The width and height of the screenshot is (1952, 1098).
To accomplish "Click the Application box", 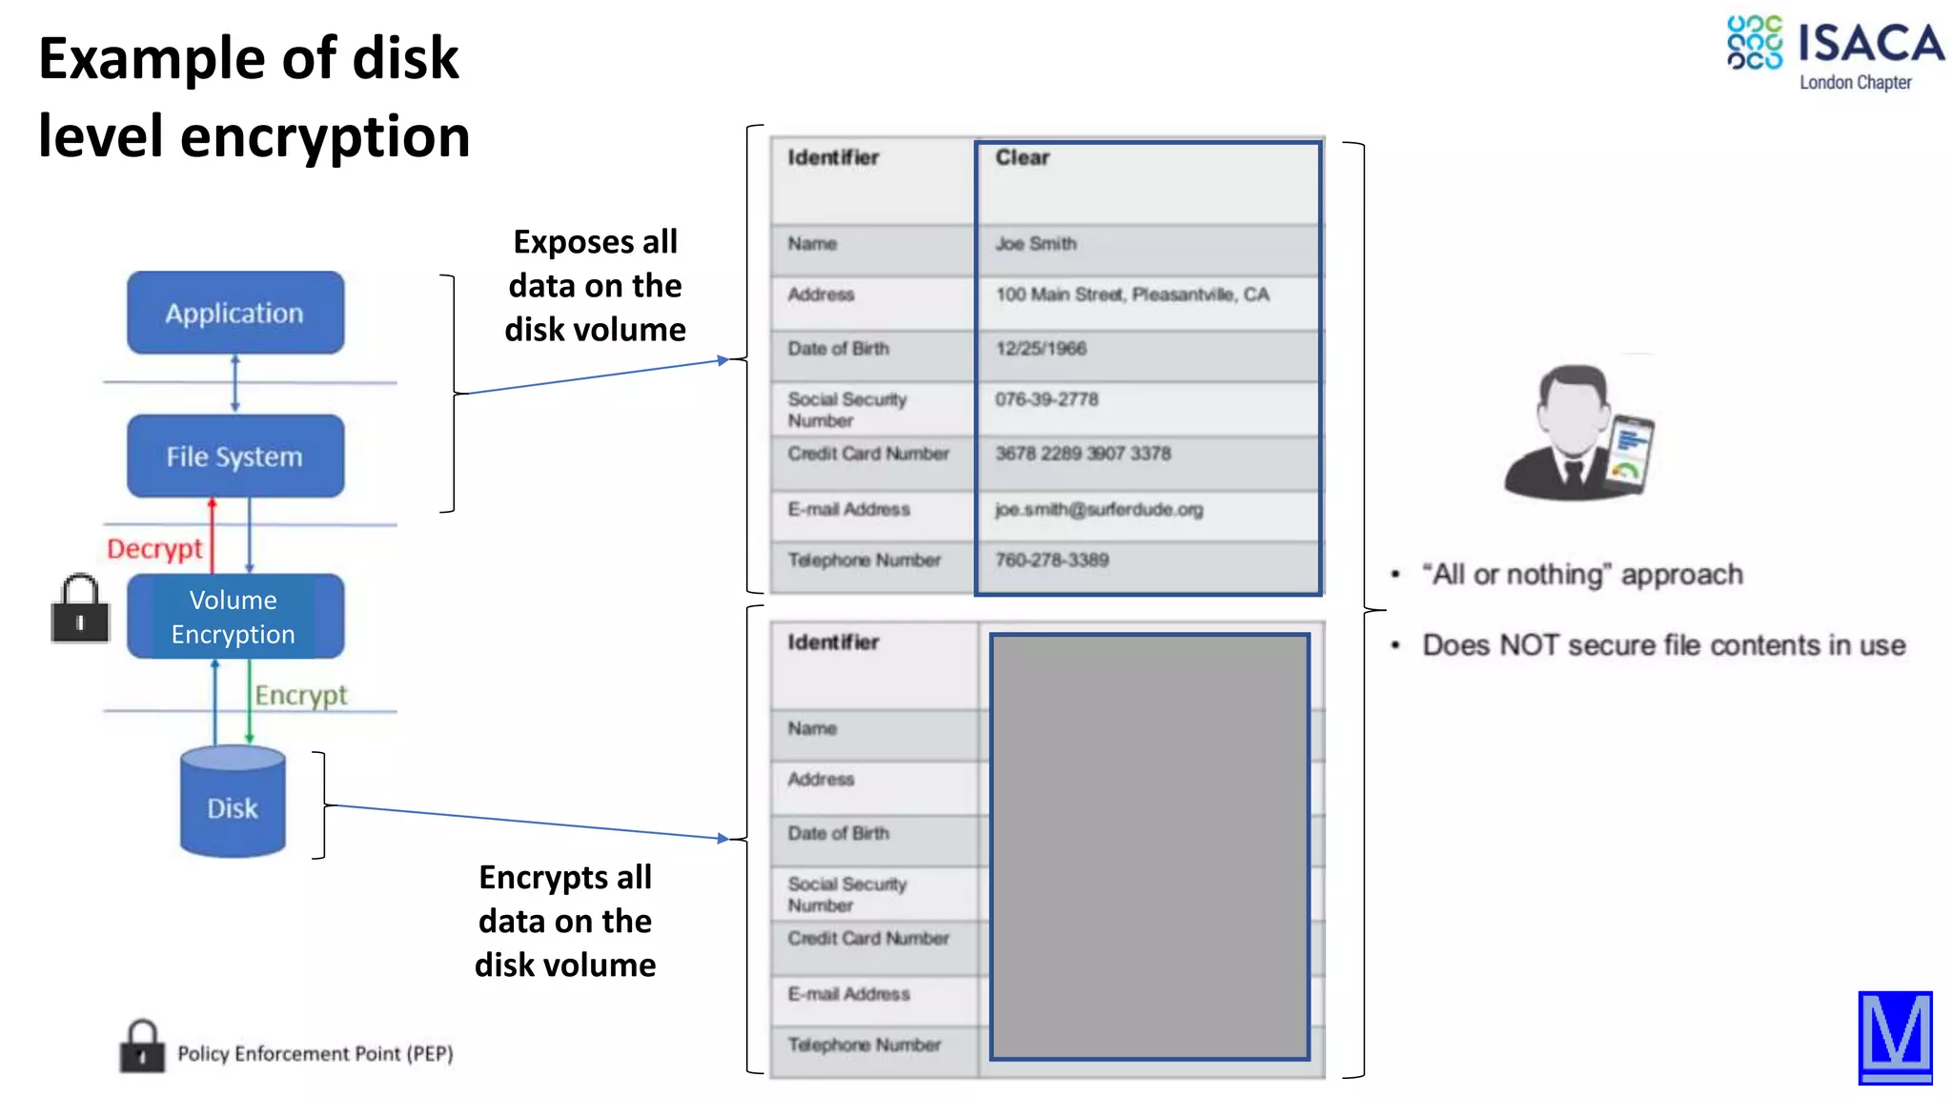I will [x=235, y=313].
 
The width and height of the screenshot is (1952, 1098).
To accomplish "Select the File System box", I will [x=235, y=457].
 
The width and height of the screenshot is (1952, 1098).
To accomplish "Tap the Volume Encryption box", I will [x=234, y=617].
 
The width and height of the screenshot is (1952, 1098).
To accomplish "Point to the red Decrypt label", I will [x=154, y=549].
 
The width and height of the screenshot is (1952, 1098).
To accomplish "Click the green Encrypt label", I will [x=300, y=695].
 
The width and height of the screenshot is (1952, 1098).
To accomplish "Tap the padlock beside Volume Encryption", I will [x=80, y=610].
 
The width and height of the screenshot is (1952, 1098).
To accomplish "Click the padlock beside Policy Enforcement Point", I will [x=142, y=1047].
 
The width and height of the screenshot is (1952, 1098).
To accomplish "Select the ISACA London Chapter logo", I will [x=1835, y=53].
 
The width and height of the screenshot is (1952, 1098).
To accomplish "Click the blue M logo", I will [x=1895, y=1037].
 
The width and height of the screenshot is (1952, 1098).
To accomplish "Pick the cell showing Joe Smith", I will [x=1036, y=244].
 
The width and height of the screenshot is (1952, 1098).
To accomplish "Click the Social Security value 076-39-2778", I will [x=1047, y=399].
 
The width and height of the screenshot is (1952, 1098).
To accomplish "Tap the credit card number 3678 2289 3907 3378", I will [x=1083, y=454].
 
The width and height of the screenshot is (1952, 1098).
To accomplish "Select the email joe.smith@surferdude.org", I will [x=1099, y=509].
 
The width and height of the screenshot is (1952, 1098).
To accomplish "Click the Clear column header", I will [x=1023, y=158].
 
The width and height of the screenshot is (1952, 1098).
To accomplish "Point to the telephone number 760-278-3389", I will [x=1052, y=559].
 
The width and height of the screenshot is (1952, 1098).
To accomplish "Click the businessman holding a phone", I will [x=1577, y=434].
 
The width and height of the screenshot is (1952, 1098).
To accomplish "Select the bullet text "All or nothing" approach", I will [x=1582, y=575].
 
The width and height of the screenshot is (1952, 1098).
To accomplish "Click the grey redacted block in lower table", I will [x=1149, y=846].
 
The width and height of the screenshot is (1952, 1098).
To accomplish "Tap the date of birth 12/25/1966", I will [x=1041, y=349].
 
